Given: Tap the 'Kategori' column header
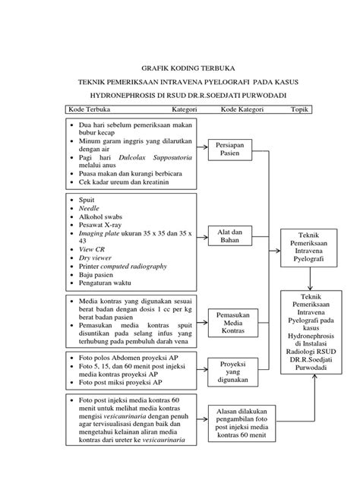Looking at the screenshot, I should pos(183,109).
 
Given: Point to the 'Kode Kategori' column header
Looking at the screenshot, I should pos(242,109).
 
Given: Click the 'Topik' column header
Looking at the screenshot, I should pos(302,109).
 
